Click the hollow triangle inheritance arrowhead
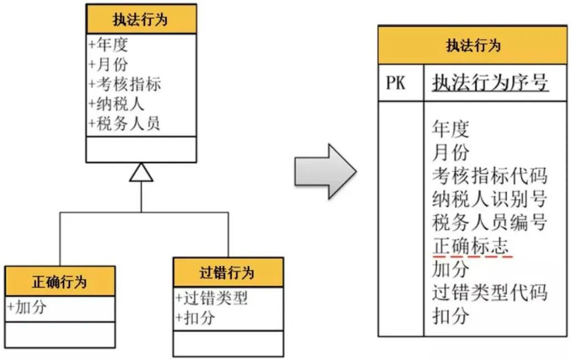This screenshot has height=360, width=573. click(x=141, y=173)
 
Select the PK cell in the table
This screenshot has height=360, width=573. click(x=396, y=84)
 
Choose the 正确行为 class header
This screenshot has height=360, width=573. click(x=60, y=281)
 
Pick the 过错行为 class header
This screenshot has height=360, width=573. click(x=228, y=272)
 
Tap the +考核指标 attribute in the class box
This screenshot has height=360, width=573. click(x=125, y=84)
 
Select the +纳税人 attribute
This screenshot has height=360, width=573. click(x=116, y=104)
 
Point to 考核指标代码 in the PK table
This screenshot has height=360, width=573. click(x=489, y=176)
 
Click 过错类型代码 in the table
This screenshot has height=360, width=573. click(x=489, y=292)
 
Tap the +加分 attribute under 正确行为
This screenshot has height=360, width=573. click(x=27, y=307)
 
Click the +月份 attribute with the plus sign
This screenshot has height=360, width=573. click(x=108, y=64)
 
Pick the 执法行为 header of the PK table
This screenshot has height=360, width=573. click(x=473, y=45)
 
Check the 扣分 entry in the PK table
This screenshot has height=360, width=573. click(x=451, y=316)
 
